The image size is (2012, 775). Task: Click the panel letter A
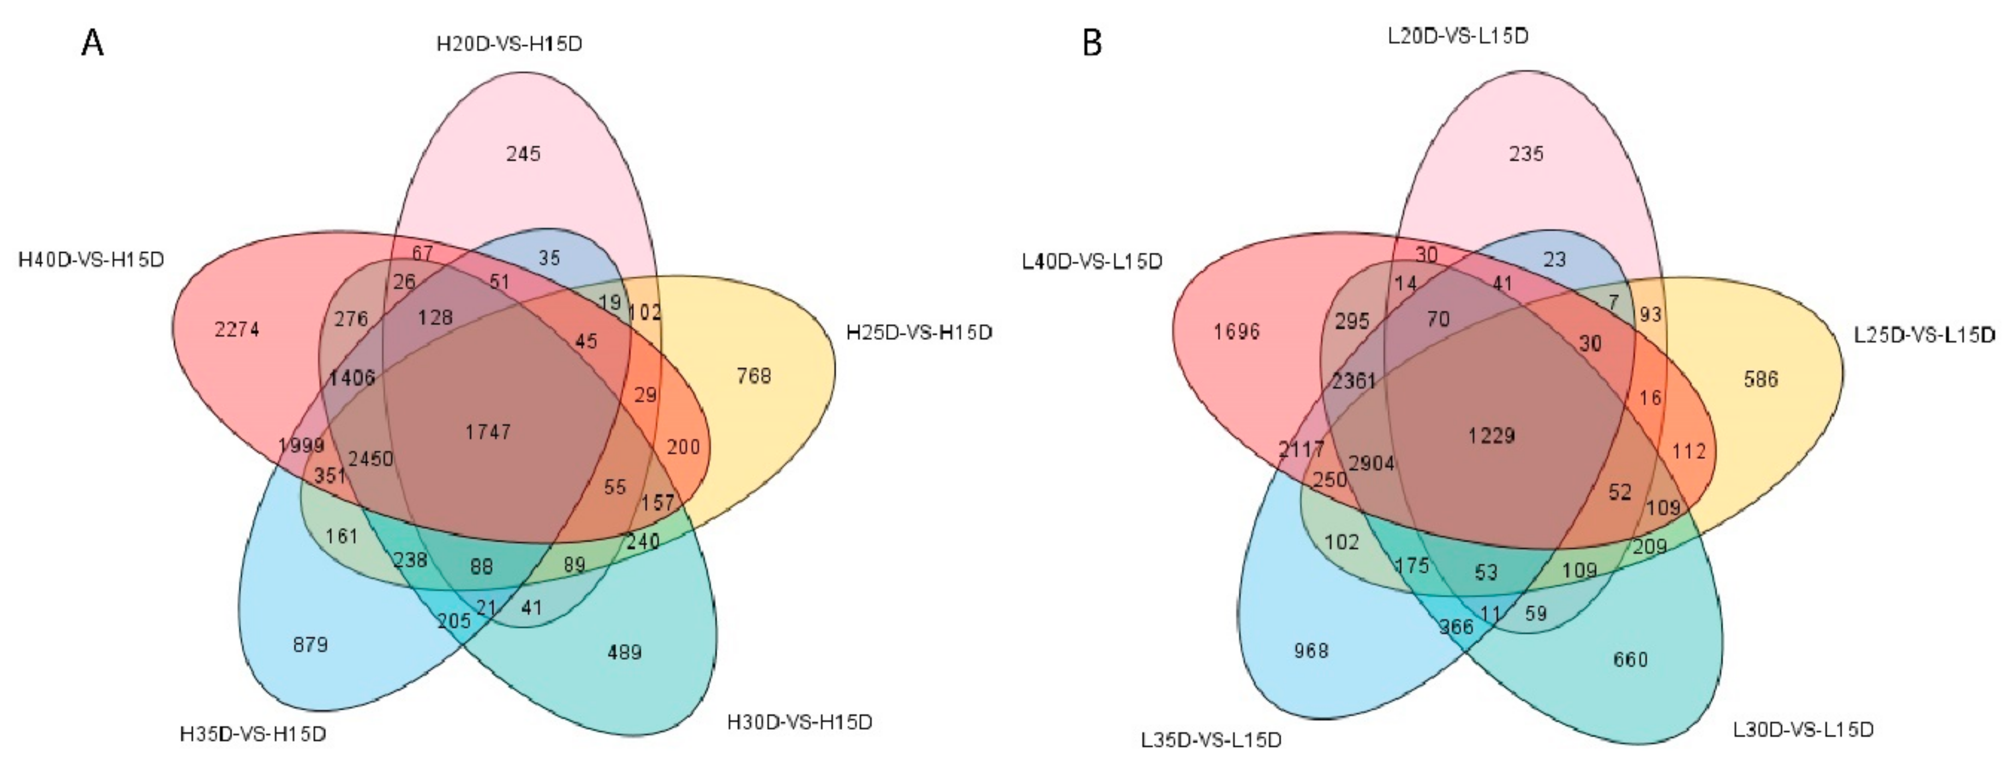[x=92, y=43]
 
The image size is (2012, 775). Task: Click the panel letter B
[x=1092, y=43]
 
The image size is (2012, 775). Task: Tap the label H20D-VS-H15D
[x=509, y=44]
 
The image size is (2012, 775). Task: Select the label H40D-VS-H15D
[x=92, y=259]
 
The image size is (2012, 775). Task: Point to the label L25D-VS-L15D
[x=1924, y=335]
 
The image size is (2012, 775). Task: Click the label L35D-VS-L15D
[x=1212, y=739]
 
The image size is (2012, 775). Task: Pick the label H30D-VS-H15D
[x=800, y=722]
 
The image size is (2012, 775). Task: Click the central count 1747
[x=488, y=431]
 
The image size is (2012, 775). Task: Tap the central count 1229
[x=1491, y=435]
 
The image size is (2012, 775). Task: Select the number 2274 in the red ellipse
[x=237, y=330]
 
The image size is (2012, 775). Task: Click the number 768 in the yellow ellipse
[x=754, y=376]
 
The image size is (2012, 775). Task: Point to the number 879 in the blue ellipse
[x=310, y=645]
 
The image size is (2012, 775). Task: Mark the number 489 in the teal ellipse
[x=624, y=652]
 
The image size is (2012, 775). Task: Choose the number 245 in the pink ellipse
[x=523, y=153]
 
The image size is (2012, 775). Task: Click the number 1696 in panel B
[x=1236, y=331]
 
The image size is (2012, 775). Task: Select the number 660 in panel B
[x=1630, y=659]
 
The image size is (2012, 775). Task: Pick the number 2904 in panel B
[x=1372, y=463]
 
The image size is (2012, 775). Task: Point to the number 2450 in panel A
[x=370, y=458]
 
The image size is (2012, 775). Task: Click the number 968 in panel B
[x=1310, y=650]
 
